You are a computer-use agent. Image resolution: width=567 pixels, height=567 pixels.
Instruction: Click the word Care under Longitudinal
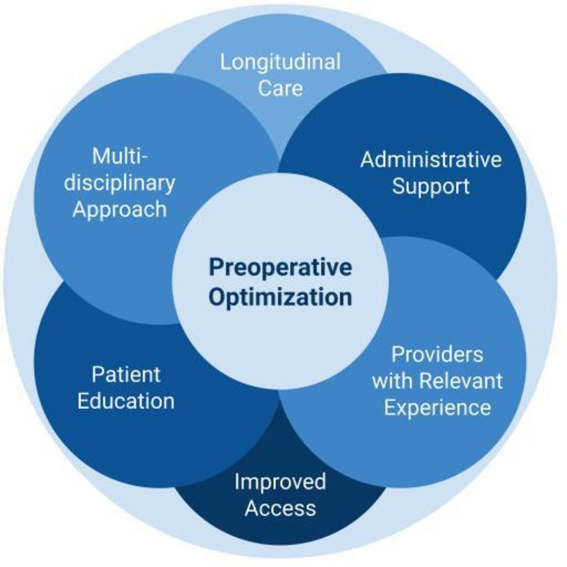pos(280,88)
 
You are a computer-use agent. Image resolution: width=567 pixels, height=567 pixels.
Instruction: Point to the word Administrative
pos(431,159)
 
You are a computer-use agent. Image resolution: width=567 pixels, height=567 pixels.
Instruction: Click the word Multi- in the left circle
pos(120,156)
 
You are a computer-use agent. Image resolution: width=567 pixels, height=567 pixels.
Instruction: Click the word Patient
pos(126,375)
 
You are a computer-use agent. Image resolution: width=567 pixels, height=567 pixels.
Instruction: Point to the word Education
pos(126,401)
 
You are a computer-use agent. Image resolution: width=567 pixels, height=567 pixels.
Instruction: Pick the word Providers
pos(437,354)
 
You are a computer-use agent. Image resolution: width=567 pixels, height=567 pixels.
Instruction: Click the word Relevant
pos(461,381)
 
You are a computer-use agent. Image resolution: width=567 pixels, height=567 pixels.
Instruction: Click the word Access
pos(280,508)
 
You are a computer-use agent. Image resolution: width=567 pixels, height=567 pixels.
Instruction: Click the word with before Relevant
pos(393,381)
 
